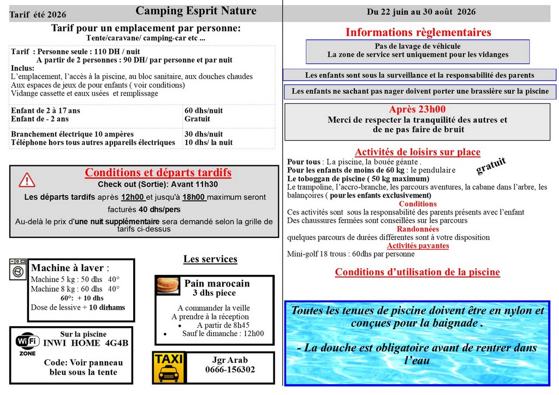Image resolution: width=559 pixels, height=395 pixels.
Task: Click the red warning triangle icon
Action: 27,179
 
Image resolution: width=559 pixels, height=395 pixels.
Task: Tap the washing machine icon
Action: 18,269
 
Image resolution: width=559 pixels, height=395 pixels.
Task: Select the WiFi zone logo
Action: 27,345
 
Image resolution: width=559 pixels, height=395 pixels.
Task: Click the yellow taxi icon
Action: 169,367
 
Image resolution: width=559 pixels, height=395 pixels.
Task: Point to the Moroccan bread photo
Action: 168,285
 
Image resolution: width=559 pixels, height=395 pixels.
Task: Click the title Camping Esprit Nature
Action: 196,11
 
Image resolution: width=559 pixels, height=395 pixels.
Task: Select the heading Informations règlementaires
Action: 418,32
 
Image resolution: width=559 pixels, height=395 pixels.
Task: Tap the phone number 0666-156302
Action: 230,369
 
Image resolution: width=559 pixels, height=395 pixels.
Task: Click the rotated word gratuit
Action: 491,166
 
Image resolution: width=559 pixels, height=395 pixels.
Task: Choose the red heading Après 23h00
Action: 417,109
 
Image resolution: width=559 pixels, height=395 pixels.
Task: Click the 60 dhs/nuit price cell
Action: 204,110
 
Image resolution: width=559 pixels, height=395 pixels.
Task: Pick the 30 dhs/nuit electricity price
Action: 204,134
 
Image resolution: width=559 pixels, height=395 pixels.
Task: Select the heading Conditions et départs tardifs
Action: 158,172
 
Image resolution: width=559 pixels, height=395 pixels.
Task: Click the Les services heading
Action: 210,259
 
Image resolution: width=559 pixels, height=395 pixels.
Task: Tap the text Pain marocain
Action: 217,283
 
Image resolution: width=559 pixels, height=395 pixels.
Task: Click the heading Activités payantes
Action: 418,246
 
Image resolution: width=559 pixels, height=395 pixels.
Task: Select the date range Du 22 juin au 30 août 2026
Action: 421,11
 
